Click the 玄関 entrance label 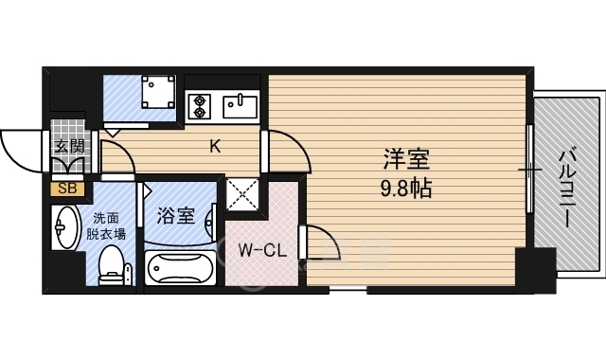[69, 147]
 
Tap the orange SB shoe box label [67, 189]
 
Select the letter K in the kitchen [215, 146]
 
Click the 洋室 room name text [406, 159]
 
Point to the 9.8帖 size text [406, 189]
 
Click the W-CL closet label [262, 250]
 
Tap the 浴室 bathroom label [176, 216]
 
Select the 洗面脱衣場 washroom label [105, 226]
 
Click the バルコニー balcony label [568, 187]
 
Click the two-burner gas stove [199, 106]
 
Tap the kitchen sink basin [240, 106]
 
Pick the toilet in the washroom [112, 266]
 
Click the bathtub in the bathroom [180, 268]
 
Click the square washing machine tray [158, 92]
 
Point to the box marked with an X [242, 195]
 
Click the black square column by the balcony [536, 270]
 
